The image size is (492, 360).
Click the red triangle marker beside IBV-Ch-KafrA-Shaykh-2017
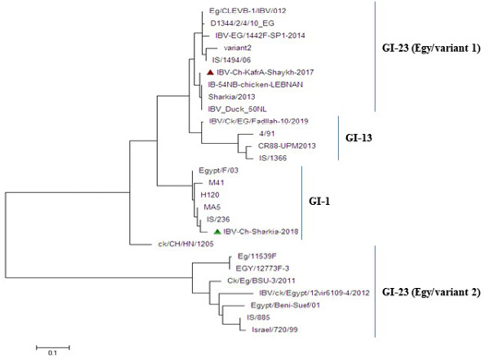click(x=210, y=72)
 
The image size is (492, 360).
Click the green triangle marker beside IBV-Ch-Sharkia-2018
click(x=218, y=232)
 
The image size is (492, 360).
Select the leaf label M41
click(x=217, y=183)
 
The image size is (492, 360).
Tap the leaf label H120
click(x=210, y=195)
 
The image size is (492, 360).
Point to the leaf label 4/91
click(x=267, y=134)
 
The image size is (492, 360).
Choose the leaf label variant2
click(x=237, y=48)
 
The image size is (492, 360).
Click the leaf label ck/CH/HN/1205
click(x=186, y=244)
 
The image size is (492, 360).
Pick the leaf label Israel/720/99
click(x=275, y=330)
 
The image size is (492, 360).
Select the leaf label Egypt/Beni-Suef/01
click(x=285, y=305)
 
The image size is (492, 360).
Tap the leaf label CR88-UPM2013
click(x=287, y=146)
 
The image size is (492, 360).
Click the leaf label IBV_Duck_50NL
click(x=237, y=109)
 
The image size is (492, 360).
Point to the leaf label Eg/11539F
click(x=257, y=256)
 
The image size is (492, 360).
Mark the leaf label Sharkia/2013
click(x=232, y=97)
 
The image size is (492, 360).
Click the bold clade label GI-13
click(x=359, y=138)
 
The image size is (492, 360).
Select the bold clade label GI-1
click(x=319, y=201)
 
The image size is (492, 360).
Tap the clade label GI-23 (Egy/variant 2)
click(x=431, y=293)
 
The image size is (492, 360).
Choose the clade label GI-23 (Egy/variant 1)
click(x=431, y=49)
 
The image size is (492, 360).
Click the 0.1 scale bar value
click(x=53, y=354)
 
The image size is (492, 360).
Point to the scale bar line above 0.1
click(x=53, y=347)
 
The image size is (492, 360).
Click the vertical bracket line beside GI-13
click(x=338, y=138)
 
